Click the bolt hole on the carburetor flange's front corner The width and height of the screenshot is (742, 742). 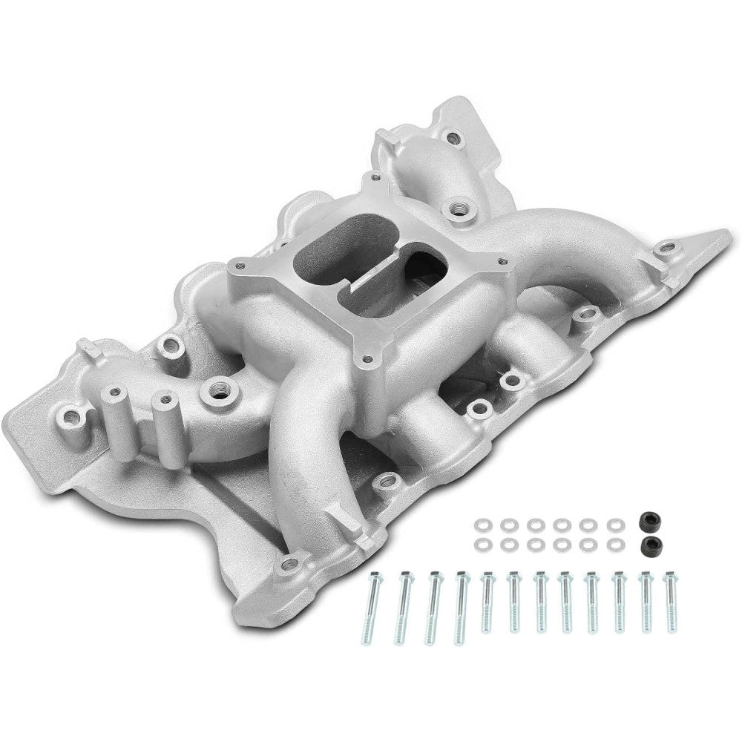pos(367,359)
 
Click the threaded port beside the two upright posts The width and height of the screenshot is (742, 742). pos(219,389)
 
